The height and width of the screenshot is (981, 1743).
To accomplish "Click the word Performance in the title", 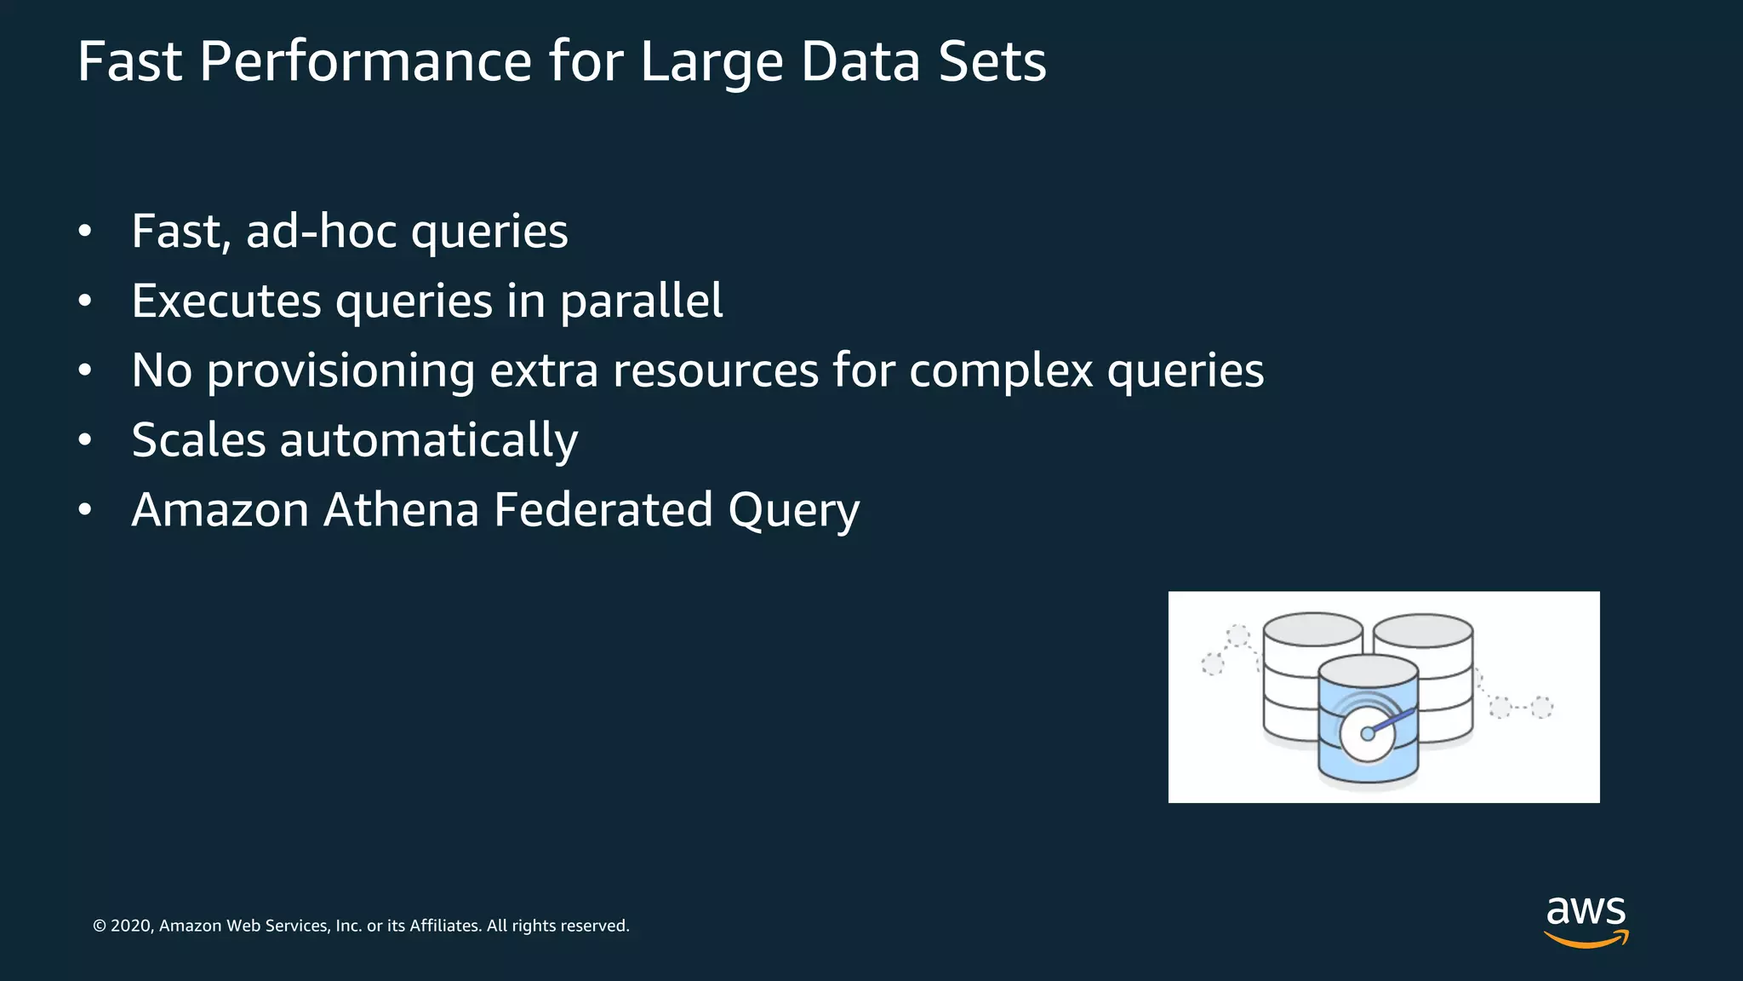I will (366, 62).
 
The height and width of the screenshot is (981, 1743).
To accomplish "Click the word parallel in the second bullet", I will (642, 301).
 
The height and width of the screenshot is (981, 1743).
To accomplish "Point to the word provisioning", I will (340, 371).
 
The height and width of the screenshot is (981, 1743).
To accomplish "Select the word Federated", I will (603, 510).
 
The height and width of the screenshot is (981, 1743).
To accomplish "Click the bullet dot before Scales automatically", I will (84, 441).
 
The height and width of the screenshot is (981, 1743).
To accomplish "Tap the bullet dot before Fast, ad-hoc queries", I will (84, 232).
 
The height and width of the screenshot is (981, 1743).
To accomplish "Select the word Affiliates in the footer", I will (444, 926).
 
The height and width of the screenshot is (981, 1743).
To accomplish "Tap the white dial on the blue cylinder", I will (1367, 734).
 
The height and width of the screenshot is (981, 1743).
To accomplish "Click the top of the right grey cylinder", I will (1423, 631).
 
